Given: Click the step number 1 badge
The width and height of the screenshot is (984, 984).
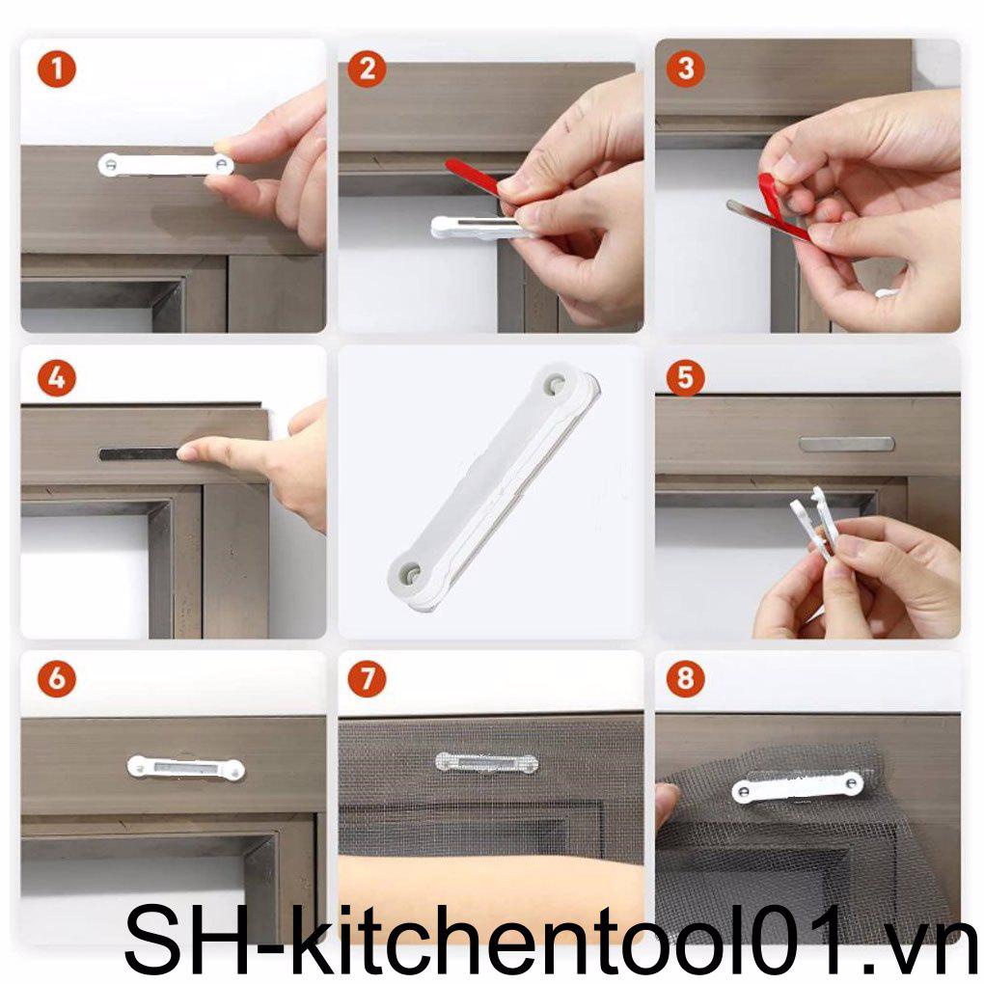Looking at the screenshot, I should [x=57, y=69].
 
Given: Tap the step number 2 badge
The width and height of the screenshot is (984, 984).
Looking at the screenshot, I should [x=367, y=69].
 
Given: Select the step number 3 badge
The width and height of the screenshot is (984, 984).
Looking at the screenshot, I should [x=686, y=69].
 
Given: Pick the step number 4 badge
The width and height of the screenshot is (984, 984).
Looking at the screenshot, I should [x=57, y=378].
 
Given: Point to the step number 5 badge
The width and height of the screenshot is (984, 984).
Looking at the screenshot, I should [x=686, y=378].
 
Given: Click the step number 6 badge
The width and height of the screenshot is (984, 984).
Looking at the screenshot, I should [x=57, y=679].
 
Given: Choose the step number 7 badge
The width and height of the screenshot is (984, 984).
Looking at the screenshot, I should [x=367, y=679].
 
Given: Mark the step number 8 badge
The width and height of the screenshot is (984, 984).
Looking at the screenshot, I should [x=686, y=679].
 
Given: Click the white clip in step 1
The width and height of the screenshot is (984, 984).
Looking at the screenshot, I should [x=165, y=164].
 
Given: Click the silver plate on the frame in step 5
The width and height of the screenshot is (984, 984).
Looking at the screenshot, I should [x=846, y=444].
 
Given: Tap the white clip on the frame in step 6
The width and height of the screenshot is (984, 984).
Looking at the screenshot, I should [x=185, y=768].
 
